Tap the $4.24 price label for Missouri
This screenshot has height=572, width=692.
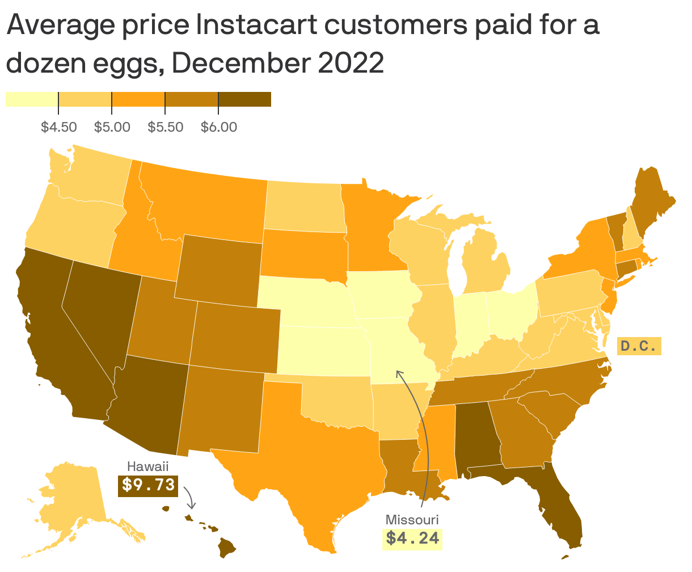(x=413, y=537)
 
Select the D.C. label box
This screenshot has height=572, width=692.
(x=639, y=346)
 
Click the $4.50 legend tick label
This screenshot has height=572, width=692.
(x=58, y=127)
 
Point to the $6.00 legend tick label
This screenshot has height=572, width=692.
(x=218, y=127)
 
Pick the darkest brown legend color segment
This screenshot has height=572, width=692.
(x=244, y=99)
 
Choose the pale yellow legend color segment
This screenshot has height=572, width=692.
(x=32, y=99)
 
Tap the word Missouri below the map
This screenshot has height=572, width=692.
(x=412, y=519)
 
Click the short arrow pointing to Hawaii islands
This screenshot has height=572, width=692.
(x=191, y=498)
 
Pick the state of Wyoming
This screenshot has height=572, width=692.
(x=218, y=267)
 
